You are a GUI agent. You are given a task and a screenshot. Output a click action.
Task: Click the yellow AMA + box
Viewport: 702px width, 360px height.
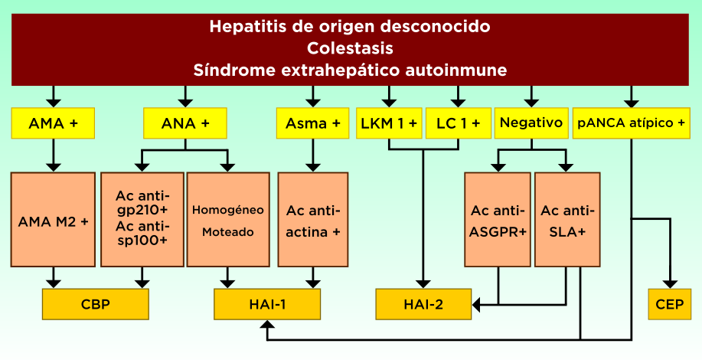[53, 123]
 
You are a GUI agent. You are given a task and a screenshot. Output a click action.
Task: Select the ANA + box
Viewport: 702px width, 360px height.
[185, 123]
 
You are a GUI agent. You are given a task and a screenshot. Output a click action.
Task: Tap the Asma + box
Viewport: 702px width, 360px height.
[312, 123]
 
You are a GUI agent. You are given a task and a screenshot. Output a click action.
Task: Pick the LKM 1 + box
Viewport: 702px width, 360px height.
[389, 123]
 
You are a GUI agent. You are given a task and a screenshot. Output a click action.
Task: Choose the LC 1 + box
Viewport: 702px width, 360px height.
[458, 123]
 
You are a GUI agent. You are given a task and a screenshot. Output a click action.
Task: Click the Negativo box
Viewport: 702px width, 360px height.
[531, 123]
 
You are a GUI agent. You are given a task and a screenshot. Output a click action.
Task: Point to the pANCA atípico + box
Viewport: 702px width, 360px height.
[631, 123]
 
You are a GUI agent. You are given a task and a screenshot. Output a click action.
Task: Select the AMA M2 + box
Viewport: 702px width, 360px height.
[53, 220]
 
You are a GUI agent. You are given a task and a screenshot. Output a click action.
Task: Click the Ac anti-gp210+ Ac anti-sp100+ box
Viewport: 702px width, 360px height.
[142, 220]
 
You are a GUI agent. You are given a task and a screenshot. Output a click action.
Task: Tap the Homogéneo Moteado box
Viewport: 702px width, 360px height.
[227, 220]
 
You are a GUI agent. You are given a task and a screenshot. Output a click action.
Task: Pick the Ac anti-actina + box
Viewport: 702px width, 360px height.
[312, 220]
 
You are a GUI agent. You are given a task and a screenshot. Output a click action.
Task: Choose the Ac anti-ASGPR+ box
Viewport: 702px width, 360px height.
[498, 220]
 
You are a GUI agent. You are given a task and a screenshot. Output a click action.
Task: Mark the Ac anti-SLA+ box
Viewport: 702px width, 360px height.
[567, 220]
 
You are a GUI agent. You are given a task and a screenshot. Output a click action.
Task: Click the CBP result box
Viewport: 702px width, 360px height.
[96, 304]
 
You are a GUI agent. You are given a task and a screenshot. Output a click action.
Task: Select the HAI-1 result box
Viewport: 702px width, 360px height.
[267, 304]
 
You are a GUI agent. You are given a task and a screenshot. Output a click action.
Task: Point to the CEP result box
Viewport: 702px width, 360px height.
[670, 304]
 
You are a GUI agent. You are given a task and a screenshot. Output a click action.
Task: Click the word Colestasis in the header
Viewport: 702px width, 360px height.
[350, 48]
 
